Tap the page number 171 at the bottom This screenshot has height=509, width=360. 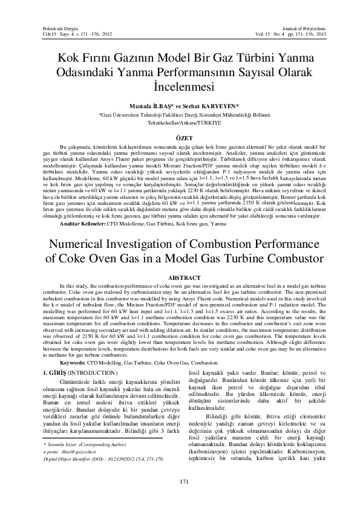(x=180, y=481)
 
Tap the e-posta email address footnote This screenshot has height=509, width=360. (x=70, y=435)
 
